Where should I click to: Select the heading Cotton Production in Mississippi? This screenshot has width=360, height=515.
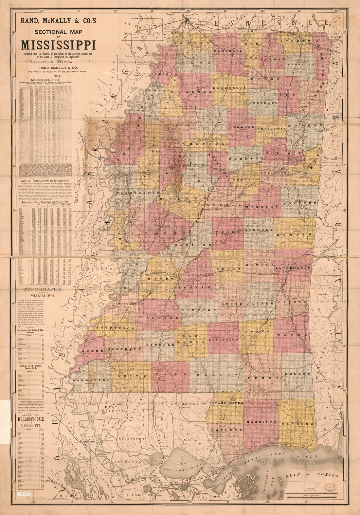(x=44, y=180)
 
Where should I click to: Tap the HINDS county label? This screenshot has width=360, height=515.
(x=160, y=278)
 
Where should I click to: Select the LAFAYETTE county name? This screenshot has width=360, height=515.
(x=229, y=88)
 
